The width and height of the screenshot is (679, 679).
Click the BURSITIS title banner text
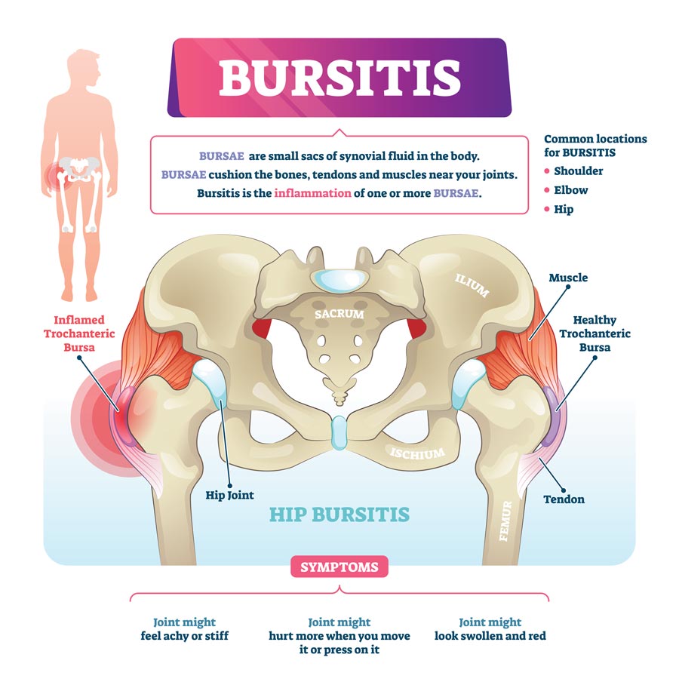[339, 78]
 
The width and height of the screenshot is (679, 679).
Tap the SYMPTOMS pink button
[339, 567]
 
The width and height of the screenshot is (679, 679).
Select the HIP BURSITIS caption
[339, 515]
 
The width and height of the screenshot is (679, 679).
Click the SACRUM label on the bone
[339, 314]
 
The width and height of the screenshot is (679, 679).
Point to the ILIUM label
[472, 285]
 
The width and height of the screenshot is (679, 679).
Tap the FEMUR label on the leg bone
[505, 521]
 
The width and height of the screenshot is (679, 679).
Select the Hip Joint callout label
[229, 496]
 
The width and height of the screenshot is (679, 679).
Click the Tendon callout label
[564, 499]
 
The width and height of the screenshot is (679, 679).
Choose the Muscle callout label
[568, 278]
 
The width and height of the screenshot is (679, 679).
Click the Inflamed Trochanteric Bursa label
[79, 333]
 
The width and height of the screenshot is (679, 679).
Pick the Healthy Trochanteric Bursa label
[595, 333]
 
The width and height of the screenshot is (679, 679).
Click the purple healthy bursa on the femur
[551, 416]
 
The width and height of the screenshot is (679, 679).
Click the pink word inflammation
[312, 193]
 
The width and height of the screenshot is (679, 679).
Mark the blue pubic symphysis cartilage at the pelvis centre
[339, 433]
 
